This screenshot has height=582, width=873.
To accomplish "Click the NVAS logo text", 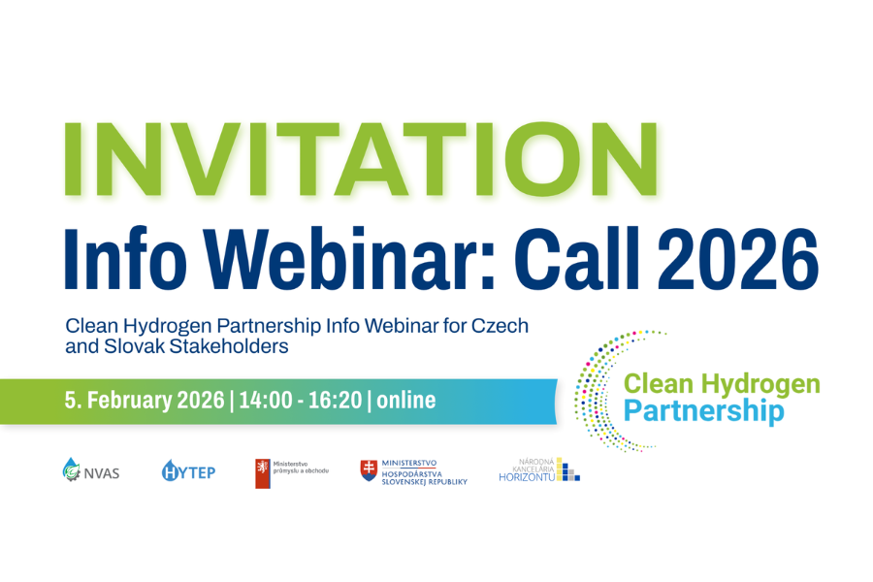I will point(102,473).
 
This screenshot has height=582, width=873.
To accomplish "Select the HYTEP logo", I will point(189,472).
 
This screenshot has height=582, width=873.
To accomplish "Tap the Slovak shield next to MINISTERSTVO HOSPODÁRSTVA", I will point(369,470).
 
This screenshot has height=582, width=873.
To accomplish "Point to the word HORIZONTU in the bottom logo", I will point(527,476).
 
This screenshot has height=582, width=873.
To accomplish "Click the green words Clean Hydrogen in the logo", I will point(722,384).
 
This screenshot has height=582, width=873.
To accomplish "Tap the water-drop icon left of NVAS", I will point(71,471).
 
